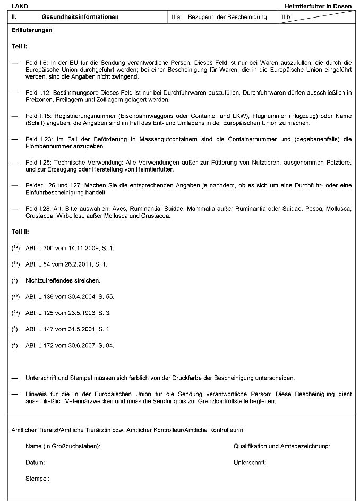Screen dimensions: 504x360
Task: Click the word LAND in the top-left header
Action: tap(20, 5)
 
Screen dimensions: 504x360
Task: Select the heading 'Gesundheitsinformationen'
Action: tap(73, 18)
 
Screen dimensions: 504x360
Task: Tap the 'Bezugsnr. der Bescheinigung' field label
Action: tap(227, 18)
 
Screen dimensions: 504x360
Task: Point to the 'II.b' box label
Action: tap(286, 18)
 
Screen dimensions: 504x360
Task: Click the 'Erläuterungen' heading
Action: tap(32, 30)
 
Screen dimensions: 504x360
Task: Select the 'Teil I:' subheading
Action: tap(20, 47)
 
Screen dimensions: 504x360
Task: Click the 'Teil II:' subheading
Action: tap(21, 232)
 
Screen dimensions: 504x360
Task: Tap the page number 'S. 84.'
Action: tap(105, 346)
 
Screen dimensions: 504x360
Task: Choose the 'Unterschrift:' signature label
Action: tap(250, 463)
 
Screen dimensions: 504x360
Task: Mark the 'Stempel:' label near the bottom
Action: tap(37, 479)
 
